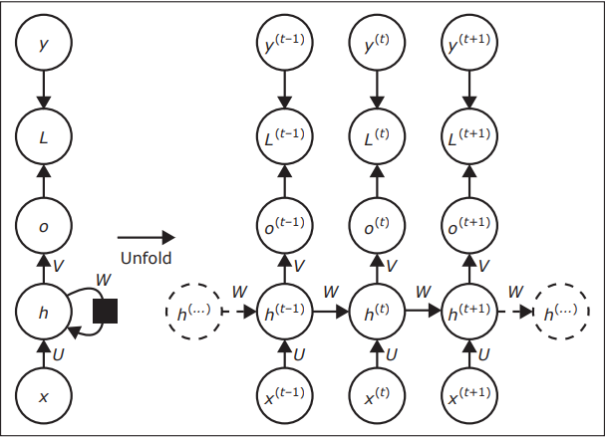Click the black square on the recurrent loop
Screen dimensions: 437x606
click(x=105, y=312)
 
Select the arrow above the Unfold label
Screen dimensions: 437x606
click(x=146, y=237)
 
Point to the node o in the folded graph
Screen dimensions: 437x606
click(x=43, y=226)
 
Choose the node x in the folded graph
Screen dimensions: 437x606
click(x=43, y=395)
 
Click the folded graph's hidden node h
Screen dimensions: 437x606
click(x=43, y=312)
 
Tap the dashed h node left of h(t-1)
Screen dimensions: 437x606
click(x=191, y=312)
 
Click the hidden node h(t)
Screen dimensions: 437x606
click(x=377, y=312)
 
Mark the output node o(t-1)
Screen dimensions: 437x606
click(x=284, y=226)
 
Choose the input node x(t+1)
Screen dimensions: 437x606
click(x=468, y=395)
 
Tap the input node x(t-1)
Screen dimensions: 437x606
click(x=284, y=395)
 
